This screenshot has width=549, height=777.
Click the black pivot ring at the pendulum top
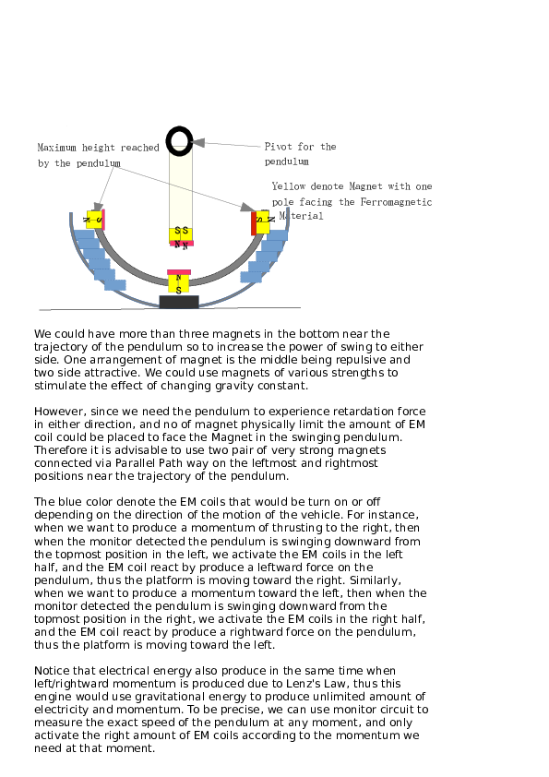179,141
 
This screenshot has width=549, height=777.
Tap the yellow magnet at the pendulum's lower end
181,233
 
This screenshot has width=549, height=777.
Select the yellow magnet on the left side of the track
94,220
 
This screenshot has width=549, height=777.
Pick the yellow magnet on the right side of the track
263,221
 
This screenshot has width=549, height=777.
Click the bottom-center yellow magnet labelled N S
179,283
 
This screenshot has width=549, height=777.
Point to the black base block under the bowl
179,302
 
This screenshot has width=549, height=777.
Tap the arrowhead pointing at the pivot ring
198,143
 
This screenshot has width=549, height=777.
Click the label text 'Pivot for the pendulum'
300,153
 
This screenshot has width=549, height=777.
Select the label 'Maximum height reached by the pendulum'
98,155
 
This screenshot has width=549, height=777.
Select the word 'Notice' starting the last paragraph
53,669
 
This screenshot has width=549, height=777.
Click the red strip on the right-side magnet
254,223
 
